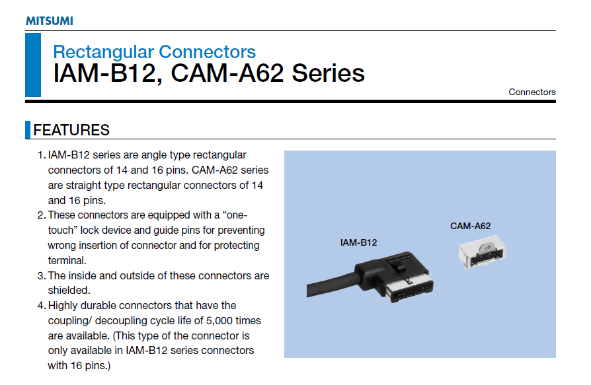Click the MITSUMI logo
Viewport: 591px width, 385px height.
tap(50, 20)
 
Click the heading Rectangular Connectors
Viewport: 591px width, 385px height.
tap(154, 52)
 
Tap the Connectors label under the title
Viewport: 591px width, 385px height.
tap(532, 92)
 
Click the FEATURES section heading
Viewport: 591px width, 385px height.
tap(71, 130)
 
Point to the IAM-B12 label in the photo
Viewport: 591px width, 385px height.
tap(358, 242)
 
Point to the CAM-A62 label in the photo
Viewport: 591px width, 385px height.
tap(470, 226)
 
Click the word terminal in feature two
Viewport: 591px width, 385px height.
tap(67, 260)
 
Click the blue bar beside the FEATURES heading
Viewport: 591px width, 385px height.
tap(28, 130)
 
